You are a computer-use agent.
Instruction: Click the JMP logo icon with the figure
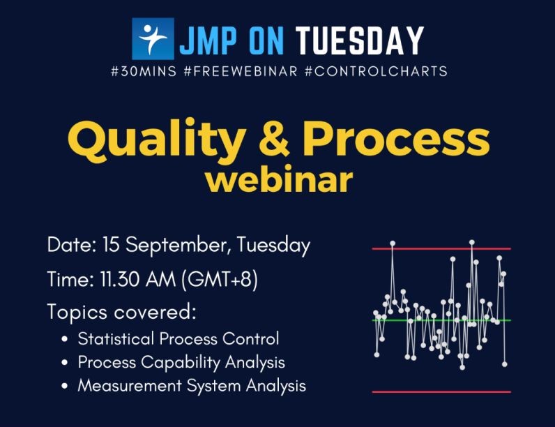(x=153, y=39)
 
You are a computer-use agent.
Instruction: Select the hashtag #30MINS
(x=144, y=71)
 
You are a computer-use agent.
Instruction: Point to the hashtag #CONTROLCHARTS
(x=376, y=71)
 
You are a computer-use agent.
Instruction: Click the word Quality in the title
(x=171, y=140)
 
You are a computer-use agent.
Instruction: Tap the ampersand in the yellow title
(x=279, y=140)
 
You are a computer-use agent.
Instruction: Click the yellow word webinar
(x=278, y=180)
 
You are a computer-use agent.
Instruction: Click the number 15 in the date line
(x=112, y=246)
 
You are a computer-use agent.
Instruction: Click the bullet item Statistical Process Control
(x=178, y=339)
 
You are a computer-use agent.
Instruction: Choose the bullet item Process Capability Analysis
(x=181, y=362)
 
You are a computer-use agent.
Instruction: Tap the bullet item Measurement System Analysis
(x=191, y=385)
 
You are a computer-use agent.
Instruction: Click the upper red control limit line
(x=441, y=248)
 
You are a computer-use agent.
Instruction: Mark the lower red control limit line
(x=441, y=392)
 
